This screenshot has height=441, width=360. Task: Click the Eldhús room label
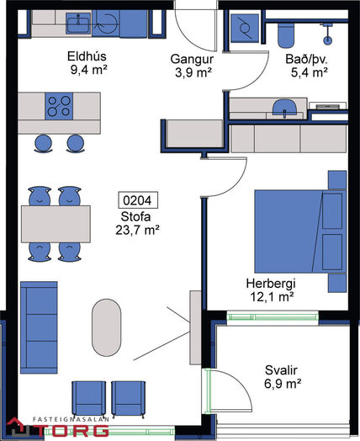pyautogui.click(x=87, y=56)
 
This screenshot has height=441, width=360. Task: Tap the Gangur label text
pyautogui.click(x=192, y=60)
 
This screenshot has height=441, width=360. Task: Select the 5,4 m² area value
pyautogui.click(x=310, y=72)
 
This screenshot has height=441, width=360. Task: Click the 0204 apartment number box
pyautogui.click(x=137, y=200)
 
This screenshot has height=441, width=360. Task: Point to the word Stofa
pyautogui.click(x=135, y=216)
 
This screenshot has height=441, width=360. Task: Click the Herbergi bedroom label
pyautogui.click(x=271, y=284)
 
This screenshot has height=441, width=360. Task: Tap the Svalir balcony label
pyautogui.click(x=281, y=370)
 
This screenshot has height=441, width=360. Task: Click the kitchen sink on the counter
pyautogui.click(x=78, y=23)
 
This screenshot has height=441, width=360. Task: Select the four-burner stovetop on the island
pyautogui.click(x=59, y=106)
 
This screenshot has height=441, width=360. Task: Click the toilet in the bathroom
pyautogui.click(x=286, y=35)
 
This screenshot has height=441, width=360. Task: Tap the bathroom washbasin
pyautogui.click(x=284, y=108)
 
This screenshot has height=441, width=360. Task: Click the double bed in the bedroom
pyautogui.click(x=300, y=231)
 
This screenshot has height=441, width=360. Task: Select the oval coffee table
pyautogui.click(x=107, y=327)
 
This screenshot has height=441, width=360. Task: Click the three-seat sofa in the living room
pyautogui.click(x=39, y=327)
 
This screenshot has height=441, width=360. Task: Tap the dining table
pyautogui.click(x=56, y=224)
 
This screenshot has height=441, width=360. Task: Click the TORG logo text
pyautogui.click(x=77, y=430)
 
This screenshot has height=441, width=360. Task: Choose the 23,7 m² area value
pyautogui.click(x=137, y=231)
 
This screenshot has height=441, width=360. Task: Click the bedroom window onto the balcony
pyautogui.click(x=273, y=317)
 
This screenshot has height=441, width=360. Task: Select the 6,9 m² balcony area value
pyautogui.click(x=283, y=383)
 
